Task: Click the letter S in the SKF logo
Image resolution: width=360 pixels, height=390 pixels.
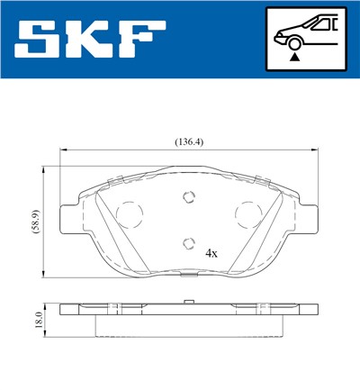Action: click(42, 39)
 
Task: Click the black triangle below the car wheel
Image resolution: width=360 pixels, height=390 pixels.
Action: click(294, 57)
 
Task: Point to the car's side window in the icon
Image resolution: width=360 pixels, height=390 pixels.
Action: click(322, 24)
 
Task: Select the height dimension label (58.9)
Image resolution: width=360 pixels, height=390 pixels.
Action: click(33, 220)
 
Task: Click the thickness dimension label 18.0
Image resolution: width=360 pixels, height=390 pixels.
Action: click(35, 320)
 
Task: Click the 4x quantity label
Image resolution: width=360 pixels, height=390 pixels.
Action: click(211, 253)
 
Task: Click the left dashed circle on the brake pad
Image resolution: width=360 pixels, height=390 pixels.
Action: click(131, 213)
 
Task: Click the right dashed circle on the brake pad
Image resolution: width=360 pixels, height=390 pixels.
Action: click(246, 213)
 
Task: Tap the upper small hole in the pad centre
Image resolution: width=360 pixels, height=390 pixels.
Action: click(188, 199)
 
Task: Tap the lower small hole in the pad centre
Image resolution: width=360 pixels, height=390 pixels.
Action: click(188, 241)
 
